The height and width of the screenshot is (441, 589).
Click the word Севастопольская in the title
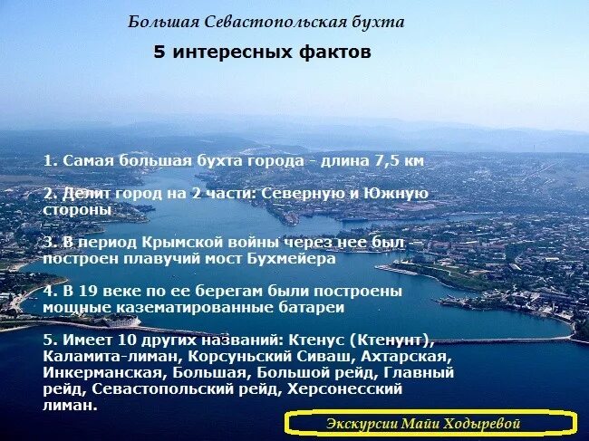(261, 22)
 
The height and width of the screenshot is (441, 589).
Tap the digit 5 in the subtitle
(159, 53)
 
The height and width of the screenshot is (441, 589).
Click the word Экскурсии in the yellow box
(361, 423)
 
